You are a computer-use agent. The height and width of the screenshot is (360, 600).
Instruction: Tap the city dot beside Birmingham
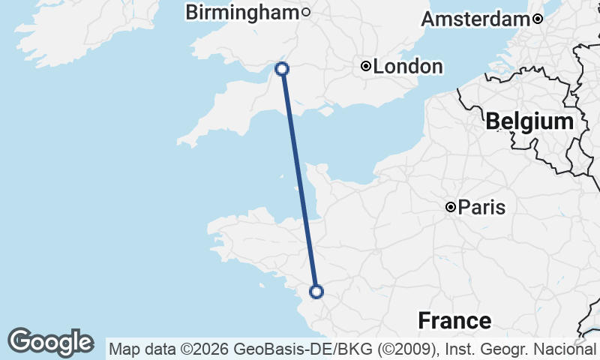[306, 12]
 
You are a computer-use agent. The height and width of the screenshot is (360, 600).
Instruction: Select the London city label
[408, 67]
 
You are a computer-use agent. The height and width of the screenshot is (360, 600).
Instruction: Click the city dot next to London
[365, 67]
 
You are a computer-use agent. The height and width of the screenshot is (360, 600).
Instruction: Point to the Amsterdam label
[475, 19]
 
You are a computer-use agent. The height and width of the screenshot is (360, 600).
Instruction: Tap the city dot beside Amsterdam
[538, 19]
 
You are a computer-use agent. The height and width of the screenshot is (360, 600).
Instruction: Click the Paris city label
[481, 207]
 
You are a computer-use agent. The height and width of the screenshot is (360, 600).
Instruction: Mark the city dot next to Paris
[451, 207]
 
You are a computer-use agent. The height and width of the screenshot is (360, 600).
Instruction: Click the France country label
[454, 321]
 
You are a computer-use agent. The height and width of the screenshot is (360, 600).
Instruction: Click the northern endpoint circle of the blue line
[282, 69]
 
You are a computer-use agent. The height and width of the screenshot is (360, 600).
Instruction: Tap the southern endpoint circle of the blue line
[316, 291]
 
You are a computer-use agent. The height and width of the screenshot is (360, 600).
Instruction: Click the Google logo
[50, 342]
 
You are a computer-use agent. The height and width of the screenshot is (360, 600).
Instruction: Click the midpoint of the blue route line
[299, 180]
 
